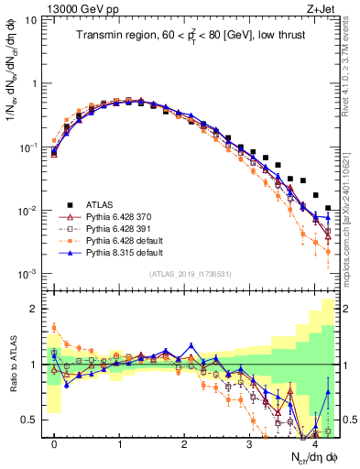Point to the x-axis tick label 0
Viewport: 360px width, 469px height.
(x=55, y=444)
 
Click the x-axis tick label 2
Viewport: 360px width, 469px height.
(x=185, y=444)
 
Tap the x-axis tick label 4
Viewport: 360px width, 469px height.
(x=314, y=444)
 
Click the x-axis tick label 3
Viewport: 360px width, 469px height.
(x=249, y=444)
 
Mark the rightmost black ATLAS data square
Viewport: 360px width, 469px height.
(x=328, y=209)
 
